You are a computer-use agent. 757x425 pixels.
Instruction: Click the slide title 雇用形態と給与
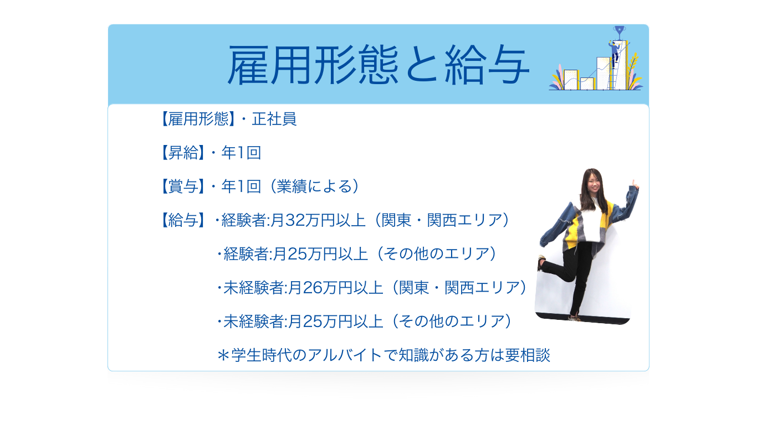[378, 65]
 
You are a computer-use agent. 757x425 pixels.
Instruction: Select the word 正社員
[274, 119]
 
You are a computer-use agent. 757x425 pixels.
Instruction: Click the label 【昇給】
[183, 153]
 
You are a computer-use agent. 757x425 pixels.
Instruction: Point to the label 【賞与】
[183, 186]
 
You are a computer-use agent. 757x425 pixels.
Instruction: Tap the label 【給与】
[183, 220]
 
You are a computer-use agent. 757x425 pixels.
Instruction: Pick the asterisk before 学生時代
[223, 355]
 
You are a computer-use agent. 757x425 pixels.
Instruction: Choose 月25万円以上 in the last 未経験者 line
[343, 322]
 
